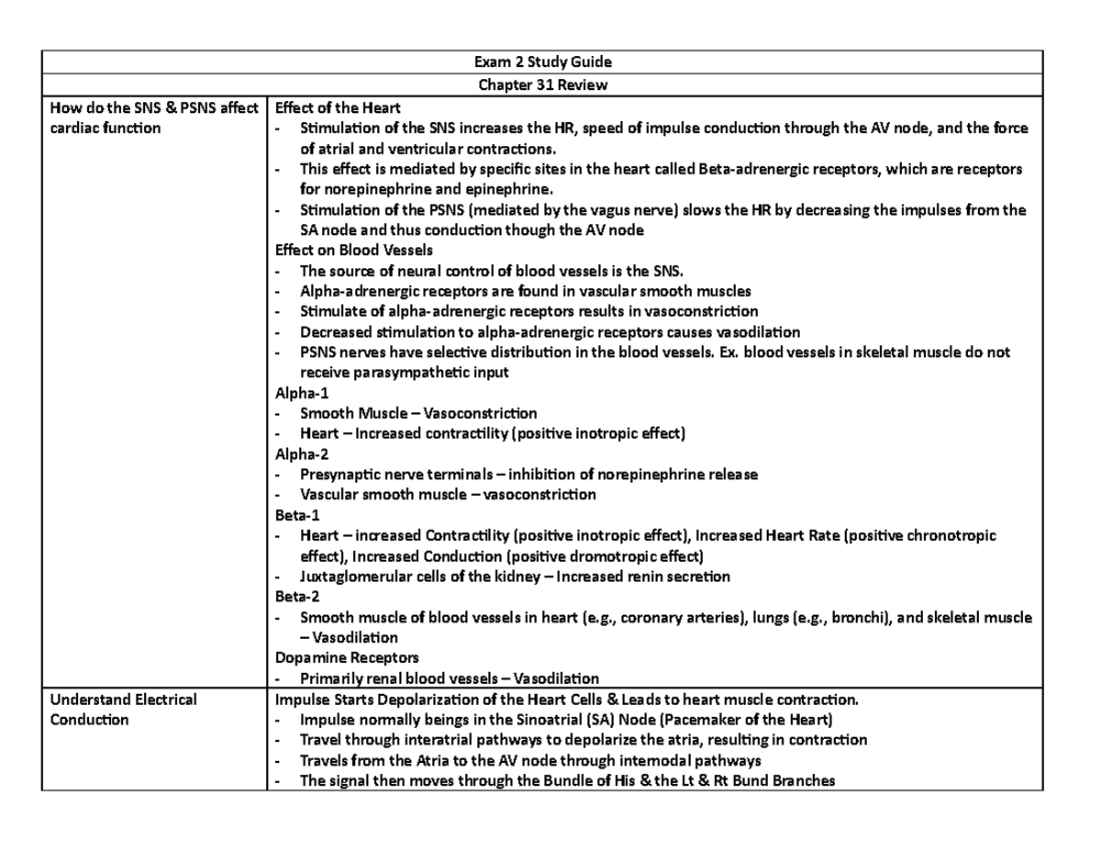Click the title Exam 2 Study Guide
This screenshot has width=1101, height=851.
[550, 62]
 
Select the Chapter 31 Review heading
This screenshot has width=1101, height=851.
[550, 85]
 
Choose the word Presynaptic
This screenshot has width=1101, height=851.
[340, 475]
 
